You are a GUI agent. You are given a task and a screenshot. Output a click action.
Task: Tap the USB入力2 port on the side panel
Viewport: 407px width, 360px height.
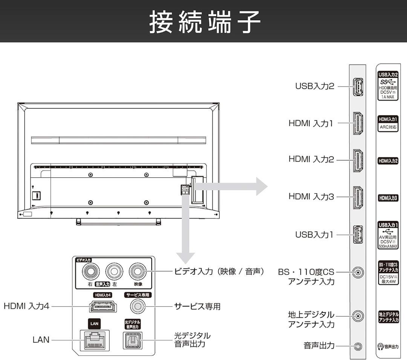[x=358, y=87]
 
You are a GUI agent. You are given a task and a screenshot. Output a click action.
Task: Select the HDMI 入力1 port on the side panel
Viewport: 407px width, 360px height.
[x=358, y=124]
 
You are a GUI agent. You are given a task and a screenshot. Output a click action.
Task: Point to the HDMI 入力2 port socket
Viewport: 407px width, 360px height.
[x=358, y=160]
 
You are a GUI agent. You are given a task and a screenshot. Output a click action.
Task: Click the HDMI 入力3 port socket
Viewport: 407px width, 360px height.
[x=358, y=197]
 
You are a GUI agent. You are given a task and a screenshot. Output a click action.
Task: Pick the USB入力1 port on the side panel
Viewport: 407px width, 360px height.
[x=358, y=235]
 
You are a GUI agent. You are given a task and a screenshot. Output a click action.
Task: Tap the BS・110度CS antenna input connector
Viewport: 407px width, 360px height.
[x=358, y=272]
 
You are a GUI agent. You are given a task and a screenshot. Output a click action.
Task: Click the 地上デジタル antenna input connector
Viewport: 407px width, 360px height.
[x=358, y=316]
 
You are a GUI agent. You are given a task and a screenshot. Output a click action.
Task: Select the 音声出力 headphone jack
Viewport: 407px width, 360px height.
[x=358, y=346]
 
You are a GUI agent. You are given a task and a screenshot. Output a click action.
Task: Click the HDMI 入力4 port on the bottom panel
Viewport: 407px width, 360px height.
[x=103, y=307]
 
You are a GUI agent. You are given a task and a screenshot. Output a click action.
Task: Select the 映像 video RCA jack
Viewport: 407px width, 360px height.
[x=137, y=271]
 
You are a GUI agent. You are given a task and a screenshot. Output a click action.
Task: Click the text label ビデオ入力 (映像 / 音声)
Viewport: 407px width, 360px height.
[x=219, y=272]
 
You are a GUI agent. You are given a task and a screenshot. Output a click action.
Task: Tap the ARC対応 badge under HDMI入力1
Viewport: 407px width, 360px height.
[x=388, y=127]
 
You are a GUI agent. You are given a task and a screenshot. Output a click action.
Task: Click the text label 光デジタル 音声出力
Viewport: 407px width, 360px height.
[x=192, y=340]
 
